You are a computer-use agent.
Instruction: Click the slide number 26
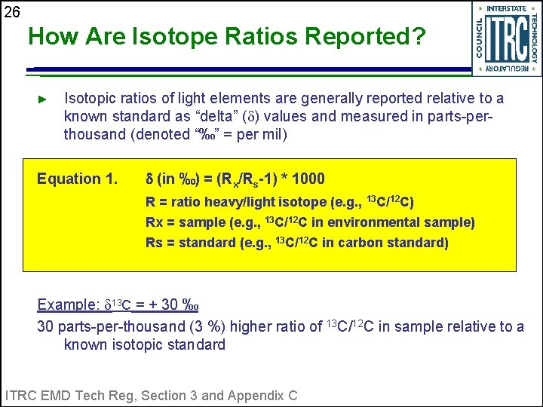tap(11, 11)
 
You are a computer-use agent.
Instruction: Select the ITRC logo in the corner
tap(506, 38)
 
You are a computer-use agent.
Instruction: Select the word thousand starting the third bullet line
tap(94, 135)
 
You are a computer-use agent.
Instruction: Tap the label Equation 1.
tap(78, 179)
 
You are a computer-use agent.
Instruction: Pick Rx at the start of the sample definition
tap(154, 222)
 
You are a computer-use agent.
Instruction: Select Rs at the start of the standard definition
tap(154, 243)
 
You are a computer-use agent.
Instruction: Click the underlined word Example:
tap(69, 304)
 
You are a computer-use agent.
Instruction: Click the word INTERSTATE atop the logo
tap(506, 8)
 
